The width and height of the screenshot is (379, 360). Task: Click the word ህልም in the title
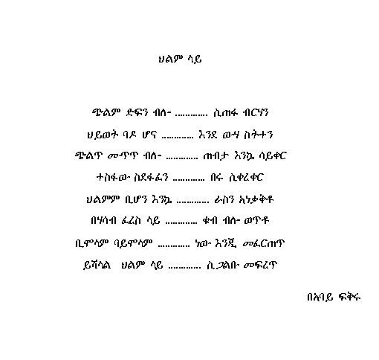coord(170,59)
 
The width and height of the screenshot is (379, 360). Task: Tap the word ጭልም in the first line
coord(106,112)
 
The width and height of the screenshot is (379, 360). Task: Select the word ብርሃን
coord(256,112)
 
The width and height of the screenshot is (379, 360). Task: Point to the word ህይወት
coord(102,135)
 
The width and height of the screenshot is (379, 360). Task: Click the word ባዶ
coord(129,135)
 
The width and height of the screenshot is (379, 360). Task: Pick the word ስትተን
coord(258,135)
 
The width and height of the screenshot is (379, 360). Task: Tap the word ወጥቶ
coord(256,220)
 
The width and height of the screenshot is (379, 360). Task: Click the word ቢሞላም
coord(91,243)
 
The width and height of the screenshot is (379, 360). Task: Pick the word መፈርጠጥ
coord(264,243)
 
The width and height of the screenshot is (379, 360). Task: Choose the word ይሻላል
coord(97,265)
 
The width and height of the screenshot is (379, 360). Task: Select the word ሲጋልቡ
coord(222,265)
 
